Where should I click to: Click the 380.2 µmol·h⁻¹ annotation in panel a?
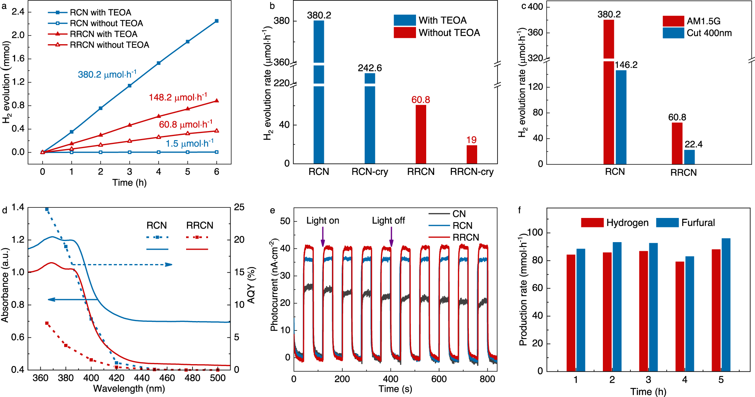[107, 74]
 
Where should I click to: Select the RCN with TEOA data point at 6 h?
[216, 21]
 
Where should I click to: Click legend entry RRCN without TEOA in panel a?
[109, 45]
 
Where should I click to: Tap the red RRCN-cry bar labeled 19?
[471, 154]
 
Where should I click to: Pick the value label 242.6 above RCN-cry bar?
[370, 68]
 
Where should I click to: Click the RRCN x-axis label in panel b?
[421, 172]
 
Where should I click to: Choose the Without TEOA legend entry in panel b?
[449, 33]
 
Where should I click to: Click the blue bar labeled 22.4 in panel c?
[689, 157]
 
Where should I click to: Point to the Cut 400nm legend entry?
[709, 33]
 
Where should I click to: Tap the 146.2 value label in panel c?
[626, 65]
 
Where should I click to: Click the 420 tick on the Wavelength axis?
[116, 378]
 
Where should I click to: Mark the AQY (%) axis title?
[251, 285]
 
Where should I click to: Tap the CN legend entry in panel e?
[459, 214]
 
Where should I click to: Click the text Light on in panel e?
[322, 221]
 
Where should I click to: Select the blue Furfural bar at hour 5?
[726, 304]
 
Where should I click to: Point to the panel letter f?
[519, 210]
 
